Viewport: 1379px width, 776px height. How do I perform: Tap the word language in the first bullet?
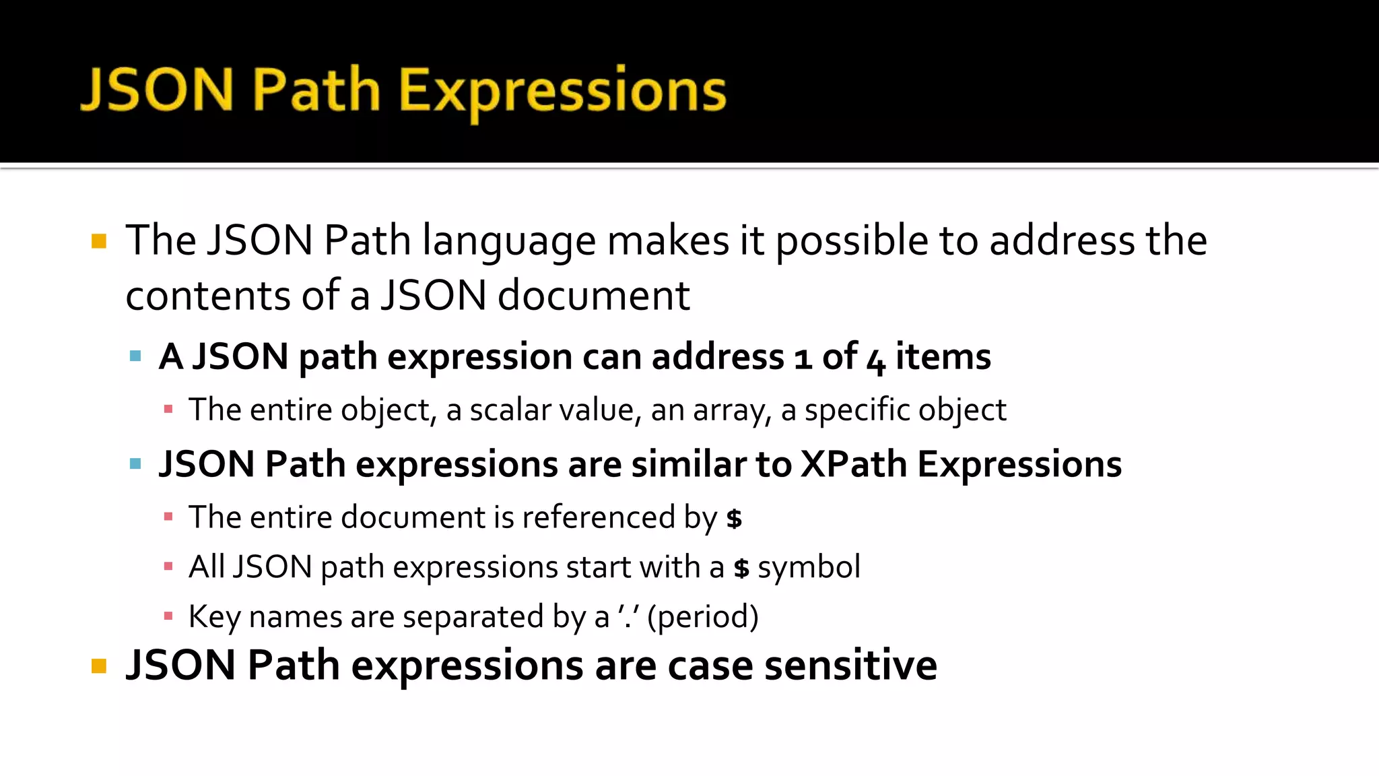click(509, 241)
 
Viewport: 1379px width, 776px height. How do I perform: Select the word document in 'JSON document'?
click(593, 296)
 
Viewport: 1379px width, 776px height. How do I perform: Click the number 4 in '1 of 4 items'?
click(875, 359)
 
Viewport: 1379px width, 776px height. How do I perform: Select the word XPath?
click(853, 464)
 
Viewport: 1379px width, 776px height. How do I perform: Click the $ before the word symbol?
click(741, 568)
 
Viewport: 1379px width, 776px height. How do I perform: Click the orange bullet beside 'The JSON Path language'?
click(99, 241)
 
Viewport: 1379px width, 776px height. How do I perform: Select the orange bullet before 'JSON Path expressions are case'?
click(99, 666)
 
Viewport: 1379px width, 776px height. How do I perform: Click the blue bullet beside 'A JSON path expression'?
click(135, 356)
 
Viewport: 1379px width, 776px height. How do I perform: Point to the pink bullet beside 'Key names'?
click(168, 616)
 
